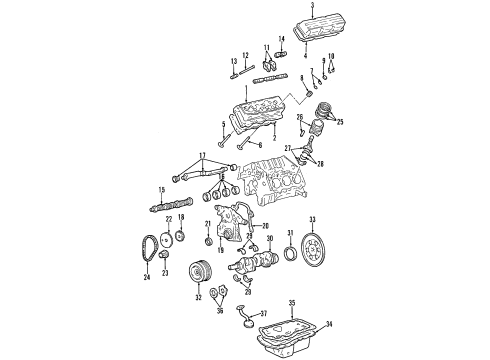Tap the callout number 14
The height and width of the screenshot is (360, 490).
281,39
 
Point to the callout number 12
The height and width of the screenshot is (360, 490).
244,55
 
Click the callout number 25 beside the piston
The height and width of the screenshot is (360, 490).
341,122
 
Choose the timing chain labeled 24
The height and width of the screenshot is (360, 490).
151,254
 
